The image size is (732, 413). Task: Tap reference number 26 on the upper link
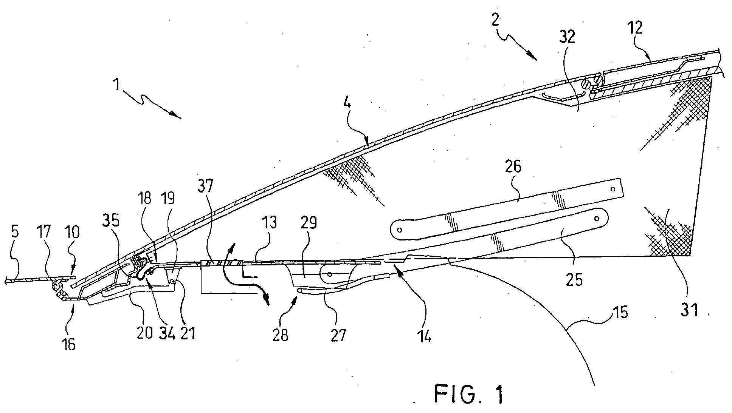(x=512, y=166)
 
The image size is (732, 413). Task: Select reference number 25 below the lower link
(x=574, y=279)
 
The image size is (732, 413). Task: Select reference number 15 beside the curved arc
(x=619, y=313)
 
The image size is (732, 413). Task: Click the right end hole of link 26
(x=613, y=189)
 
